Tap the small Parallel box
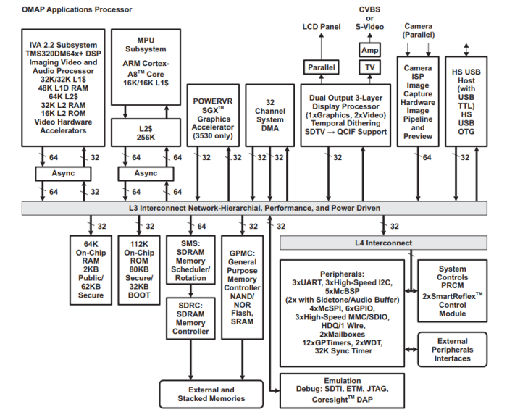pyautogui.click(x=320, y=67)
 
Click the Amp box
pyautogui.click(x=369, y=49)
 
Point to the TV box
pyautogui.click(x=369, y=67)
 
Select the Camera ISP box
pyautogui.click(x=419, y=101)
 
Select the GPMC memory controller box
pyautogui.click(x=242, y=285)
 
